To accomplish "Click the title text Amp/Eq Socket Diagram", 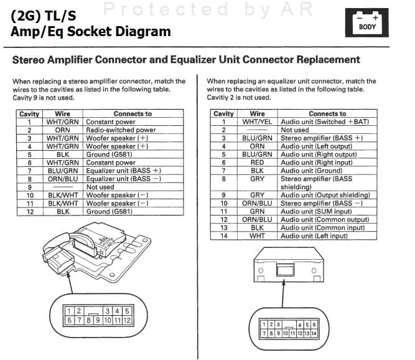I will click(90, 31).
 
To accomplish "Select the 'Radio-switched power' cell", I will click(121, 130).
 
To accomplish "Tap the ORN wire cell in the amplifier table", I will click(62, 130).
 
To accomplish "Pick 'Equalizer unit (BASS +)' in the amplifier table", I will click(123, 171).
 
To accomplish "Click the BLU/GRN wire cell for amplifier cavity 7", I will click(62, 171).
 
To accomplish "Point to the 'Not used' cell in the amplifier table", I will click(100, 187).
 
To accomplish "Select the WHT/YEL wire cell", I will click(257, 122).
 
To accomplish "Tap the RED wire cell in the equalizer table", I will click(257, 163).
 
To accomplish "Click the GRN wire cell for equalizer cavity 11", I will click(257, 211).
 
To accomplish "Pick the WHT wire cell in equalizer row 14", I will click(257, 235).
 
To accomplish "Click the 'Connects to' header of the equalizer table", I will click(327, 114).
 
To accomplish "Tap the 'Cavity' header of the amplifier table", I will click(29, 114).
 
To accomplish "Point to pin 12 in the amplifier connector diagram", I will click(126, 320).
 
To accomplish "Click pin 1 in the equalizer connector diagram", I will click(264, 324).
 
